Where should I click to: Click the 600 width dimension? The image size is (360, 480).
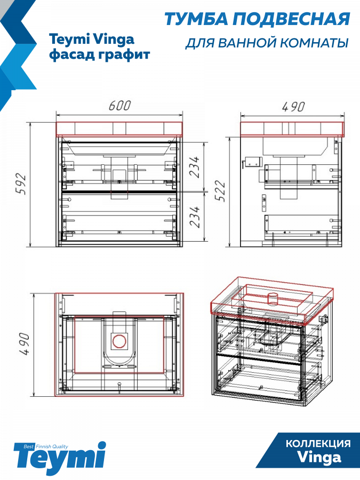(x=119, y=105)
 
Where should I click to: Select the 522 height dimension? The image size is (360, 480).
(x=220, y=191)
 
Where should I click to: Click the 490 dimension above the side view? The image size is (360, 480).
(x=293, y=107)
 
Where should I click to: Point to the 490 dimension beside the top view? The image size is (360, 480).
(x=25, y=344)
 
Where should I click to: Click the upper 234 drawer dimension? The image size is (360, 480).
(x=194, y=167)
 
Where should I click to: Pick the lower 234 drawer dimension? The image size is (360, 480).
(x=194, y=217)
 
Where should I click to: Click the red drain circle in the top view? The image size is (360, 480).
(x=119, y=341)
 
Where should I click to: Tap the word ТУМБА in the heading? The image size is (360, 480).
(x=196, y=19)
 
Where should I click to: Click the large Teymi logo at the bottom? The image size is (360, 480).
(x=60, y=458)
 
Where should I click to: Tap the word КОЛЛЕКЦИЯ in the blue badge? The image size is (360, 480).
(x=318, y=444)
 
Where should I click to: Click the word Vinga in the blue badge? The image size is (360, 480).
(x=319, y=458)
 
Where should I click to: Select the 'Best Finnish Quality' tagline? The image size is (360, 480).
(x=46, y=446)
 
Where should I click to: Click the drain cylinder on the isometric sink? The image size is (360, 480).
(x=272, y=299)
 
